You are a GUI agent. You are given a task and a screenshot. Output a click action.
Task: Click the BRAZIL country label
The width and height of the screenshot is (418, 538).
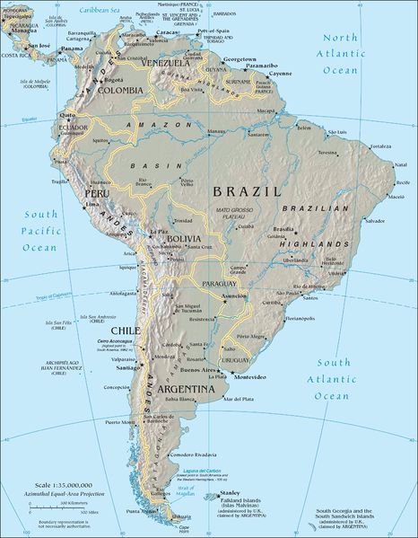(x=248, y=191)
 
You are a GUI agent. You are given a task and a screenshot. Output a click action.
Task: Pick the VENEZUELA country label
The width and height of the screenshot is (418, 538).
(x=162, y=64)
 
